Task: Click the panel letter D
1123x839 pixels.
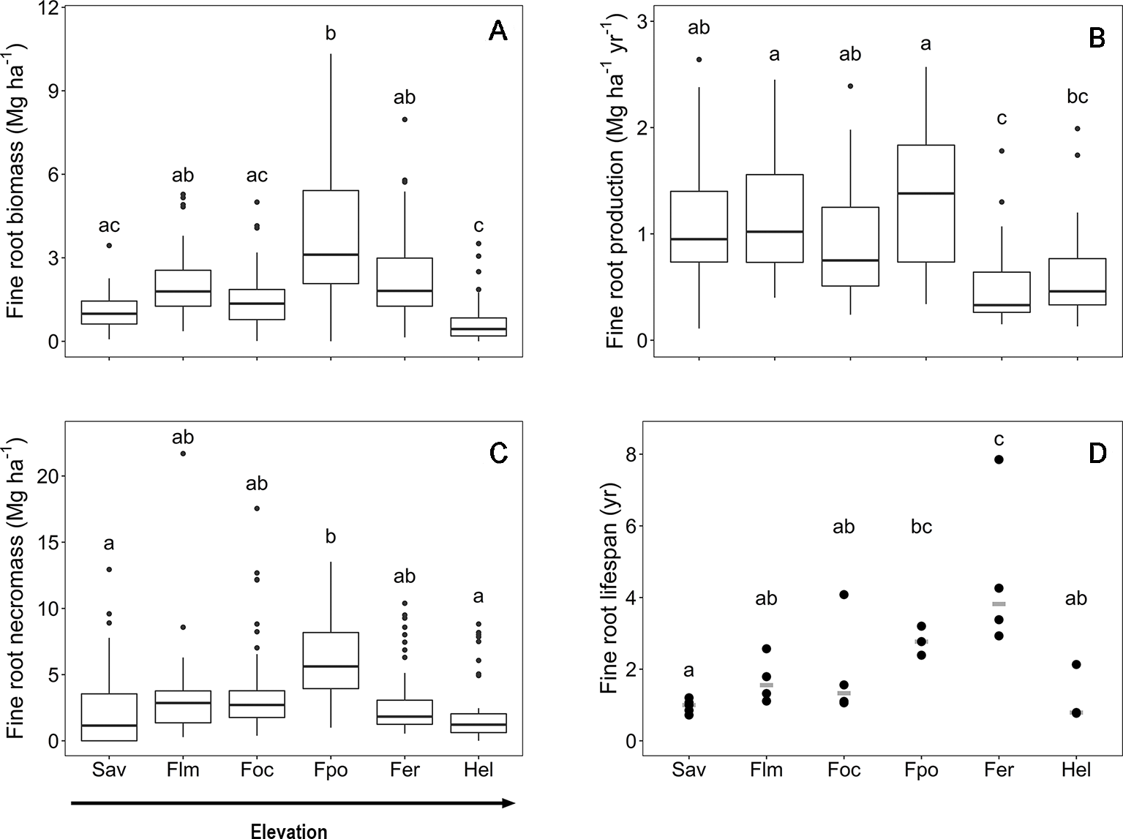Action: coord(1097,454)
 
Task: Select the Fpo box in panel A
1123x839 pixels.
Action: coord(331,236)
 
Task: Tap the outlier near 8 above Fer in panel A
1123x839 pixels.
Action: coord(405,119)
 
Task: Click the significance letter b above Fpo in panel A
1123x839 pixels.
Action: coord(331,33)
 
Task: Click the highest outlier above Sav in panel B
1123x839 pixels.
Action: coord(699,59)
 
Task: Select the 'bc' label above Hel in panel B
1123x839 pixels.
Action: coord(1077,97)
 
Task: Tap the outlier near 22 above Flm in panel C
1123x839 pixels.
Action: coord(183,454)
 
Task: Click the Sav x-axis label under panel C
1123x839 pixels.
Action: coord(109,770)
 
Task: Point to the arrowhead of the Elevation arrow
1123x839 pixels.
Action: coord(509,803)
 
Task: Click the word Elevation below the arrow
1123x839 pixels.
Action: coord(289,830)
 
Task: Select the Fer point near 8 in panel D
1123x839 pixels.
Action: coord(999,459)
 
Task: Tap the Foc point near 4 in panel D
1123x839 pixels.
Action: coord(844,595)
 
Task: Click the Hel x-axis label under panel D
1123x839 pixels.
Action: coord(1076,770)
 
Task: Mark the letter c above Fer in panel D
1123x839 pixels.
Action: coord(999,440)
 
